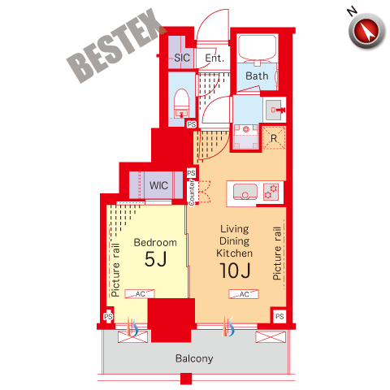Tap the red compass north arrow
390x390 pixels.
(x=367, y=31)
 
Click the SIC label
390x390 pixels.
(x=182, y=58)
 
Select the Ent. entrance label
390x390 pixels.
(x=214, y=58)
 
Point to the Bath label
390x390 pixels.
(x=257, y=76)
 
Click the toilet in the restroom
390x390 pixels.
(x=181, y=103)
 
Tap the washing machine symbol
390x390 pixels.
(x=246, y=136)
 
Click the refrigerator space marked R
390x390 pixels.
(x=274, y=138)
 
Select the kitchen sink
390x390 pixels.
(x=245, y=192)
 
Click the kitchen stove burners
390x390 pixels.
(x=271, y=192)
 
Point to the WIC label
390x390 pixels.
(x=158, y=185)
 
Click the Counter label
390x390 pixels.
(x=192, y=193)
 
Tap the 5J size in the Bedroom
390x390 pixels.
(x=155, y=259)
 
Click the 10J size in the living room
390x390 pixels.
(x=235, y=271)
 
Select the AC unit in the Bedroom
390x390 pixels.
(x=140, y=294)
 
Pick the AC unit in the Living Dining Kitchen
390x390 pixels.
(x=244, y=294)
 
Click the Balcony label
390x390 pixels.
(x=194, y=358)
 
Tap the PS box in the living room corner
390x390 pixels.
(x=279, y=316)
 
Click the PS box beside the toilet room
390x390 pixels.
(x=192, y=124)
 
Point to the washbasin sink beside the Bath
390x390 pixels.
(x=274, y=110)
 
